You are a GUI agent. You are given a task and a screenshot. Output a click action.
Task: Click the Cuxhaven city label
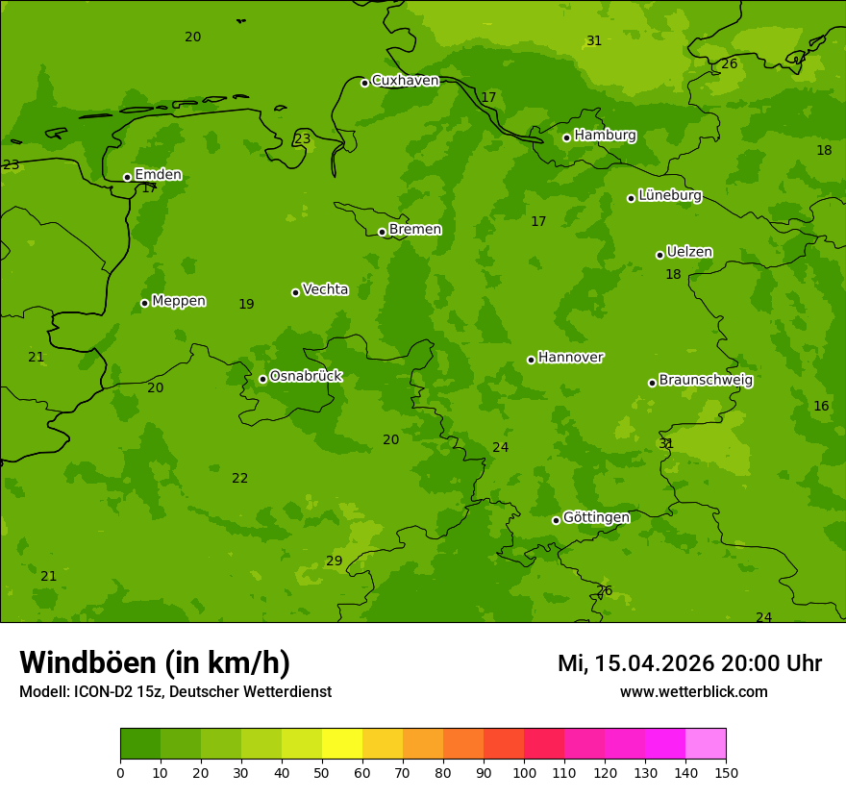coord(405,81)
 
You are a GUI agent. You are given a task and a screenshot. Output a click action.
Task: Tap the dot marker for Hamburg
coord(566,137)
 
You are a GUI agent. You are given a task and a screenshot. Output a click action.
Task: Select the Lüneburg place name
coord(669,195)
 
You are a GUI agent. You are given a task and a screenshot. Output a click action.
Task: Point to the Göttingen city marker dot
coord(556,520)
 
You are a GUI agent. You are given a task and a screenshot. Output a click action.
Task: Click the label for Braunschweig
coord(706,381)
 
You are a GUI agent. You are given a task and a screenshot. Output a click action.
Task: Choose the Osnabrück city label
coord(306,376)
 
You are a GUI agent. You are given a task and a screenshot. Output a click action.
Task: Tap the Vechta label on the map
coord(325,289)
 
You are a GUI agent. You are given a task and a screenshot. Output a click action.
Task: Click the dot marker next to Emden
coord(127,177)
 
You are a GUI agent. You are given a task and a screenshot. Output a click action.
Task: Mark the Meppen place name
coord(179,301)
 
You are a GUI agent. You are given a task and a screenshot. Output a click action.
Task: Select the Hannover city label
coord(570,358)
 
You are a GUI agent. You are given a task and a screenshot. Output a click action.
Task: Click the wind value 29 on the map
coord(334,561)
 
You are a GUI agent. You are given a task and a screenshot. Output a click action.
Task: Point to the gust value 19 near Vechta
coord(246,304)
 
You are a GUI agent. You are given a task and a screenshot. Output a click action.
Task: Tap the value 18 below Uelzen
coord(673,274)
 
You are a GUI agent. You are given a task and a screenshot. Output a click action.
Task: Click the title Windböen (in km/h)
coord(155,662)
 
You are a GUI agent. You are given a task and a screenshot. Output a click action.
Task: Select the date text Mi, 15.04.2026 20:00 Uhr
coord(689,663)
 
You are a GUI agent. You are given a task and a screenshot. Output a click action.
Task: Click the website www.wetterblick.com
coord(693,692)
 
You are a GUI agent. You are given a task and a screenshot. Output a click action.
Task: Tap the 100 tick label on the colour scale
coord(524,772)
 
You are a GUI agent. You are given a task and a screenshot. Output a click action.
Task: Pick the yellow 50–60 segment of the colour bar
coord(342,744)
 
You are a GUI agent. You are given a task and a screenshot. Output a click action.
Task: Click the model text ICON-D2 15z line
coord(175,692)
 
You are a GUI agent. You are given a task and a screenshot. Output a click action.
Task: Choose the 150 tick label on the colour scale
coord(726,772)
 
